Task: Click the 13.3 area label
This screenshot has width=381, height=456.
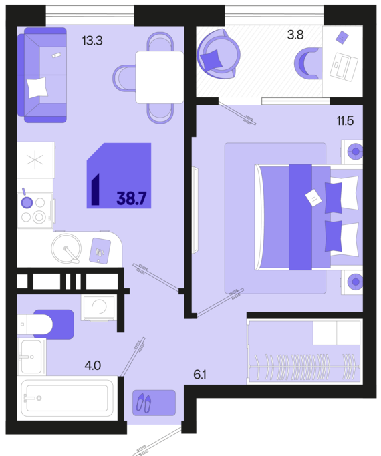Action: [x=92, y=41]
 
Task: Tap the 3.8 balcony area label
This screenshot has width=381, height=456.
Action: [x=295, y=35]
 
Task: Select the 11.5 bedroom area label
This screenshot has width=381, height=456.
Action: [x=345, y=120]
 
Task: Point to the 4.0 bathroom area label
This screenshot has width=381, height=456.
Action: [x=93, y=365]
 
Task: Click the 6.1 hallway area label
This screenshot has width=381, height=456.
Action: [x=200, y=375]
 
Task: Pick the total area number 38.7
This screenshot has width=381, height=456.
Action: [x=131, y=198]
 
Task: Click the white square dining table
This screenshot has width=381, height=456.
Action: [x=160, y=77]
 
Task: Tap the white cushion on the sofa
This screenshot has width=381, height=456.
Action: [x=37, y=87]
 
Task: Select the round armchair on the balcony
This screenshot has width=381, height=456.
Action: [x=219, y=53]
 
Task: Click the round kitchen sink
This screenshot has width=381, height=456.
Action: [x=66, y=249]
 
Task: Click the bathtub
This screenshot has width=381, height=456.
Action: [x=68, y=398]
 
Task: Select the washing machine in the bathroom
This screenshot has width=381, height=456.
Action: [x=99, y=308]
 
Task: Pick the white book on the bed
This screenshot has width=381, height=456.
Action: [x=313, y=198]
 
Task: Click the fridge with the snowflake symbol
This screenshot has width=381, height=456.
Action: [x=36, y=160]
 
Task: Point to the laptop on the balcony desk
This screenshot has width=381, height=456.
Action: [x=344, y=67]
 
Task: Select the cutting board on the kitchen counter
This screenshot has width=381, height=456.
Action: [x=100, y=250]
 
